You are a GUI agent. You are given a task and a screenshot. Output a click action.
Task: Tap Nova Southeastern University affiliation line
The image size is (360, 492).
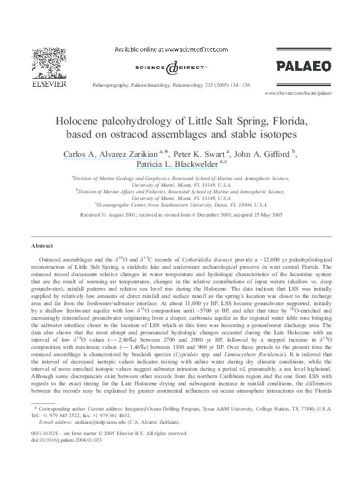point(181,205)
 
